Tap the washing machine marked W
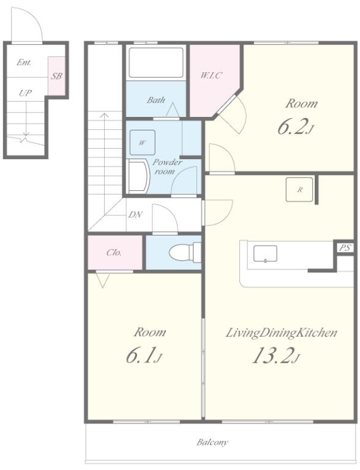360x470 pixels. click(143, 143)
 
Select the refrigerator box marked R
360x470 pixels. click(299, 190)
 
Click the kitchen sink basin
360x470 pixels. click(265, 253)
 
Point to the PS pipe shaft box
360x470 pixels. click(345, 248)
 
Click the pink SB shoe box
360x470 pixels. click(57, 75)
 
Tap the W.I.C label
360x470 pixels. click(211, 75)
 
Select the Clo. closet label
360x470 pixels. click(114, 253)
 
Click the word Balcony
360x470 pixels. click(212, 442)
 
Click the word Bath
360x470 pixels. click(156, 100)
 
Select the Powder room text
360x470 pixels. click(167, 166)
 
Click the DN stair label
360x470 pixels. click(135, 215)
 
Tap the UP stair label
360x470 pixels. click(25, 93)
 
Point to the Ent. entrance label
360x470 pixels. click(24, 62)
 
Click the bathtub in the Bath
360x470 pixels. click(156, 62)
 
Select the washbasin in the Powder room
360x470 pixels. click(138, 176)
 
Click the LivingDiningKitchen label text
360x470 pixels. click(282, 333)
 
